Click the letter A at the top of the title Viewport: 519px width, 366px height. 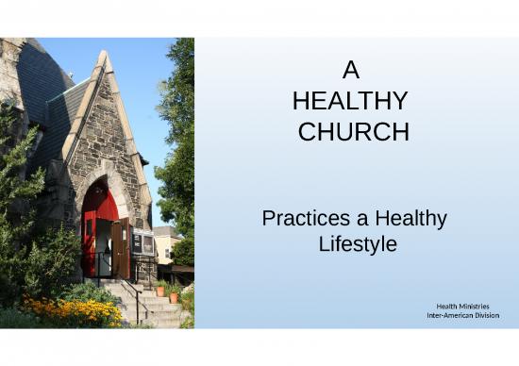coord(351,71)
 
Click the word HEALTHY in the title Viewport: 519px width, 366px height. coord(350,102)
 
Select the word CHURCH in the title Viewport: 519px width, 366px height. coord(353,133)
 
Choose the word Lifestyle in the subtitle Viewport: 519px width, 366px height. coord(357,243)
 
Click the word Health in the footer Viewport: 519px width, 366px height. coord(449,306)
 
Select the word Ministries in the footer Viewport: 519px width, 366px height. coord(481,306)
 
